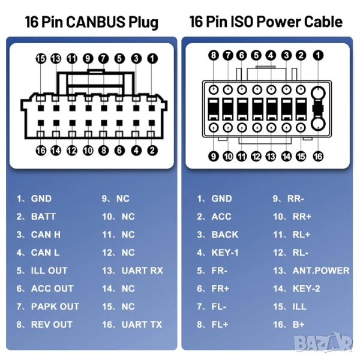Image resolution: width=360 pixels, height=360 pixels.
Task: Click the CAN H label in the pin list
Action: pos(46,235)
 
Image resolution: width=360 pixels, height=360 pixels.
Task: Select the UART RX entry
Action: pos(142,271)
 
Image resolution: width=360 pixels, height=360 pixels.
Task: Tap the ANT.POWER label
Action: pos(321,271)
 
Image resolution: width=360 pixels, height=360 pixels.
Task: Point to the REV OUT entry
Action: pos(52,325)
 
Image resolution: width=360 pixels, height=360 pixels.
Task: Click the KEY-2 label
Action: pos(306,289)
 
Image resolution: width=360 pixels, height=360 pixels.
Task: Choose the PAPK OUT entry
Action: pos(55,307)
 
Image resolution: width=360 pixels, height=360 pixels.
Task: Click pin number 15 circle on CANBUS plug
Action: pos(41,59)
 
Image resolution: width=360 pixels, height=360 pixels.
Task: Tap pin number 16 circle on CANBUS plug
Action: pos(41,151)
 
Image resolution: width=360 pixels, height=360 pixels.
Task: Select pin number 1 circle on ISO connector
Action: pos(318,55)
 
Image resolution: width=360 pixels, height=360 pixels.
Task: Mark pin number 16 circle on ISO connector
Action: pos(318,157)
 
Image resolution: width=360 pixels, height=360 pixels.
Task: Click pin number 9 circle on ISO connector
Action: pos(214,157)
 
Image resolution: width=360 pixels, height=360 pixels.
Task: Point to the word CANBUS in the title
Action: pos(96,22)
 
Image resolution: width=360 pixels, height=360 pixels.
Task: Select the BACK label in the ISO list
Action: pos(225,235)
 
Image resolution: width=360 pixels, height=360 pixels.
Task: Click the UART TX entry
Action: pos(142,325)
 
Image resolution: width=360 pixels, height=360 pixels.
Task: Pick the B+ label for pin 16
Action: pos(298,325)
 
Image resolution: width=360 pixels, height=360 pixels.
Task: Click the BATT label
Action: pos(43,217)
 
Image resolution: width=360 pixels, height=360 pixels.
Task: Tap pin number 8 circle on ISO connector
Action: pos(214,55)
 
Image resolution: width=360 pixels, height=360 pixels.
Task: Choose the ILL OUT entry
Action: pos(49,271)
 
